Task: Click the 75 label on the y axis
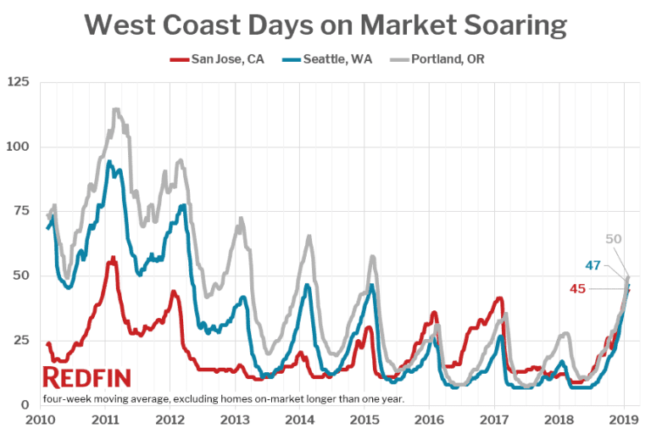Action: click(20, 211)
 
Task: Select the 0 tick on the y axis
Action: click(25, 405)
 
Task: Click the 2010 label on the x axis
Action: click(41, 420)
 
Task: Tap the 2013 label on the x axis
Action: click(235, 420)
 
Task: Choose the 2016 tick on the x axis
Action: click(430, 420)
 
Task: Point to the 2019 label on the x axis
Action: click(624, 420)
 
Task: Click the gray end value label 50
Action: click(614, 239)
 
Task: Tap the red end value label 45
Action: click(577, 289)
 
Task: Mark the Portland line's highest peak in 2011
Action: click(115, 109)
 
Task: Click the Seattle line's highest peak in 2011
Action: click(108, 162)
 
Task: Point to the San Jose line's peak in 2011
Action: click(112, 258)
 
